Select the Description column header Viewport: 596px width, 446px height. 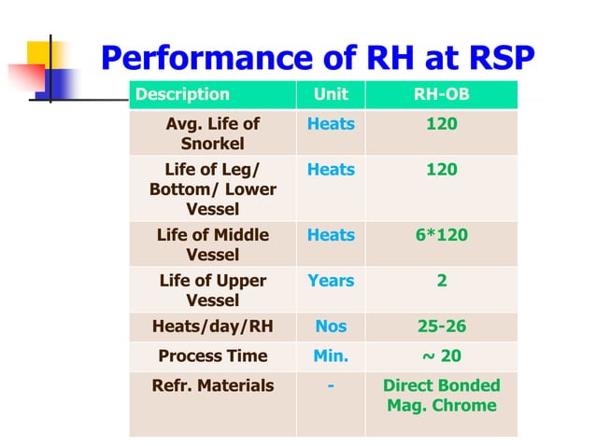click(182, 94)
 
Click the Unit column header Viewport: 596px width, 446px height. click(330, 94)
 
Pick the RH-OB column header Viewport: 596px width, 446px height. click(441, 94)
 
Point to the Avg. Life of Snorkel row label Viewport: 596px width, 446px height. click(212, 133)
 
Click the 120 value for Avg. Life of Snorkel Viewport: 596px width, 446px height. click(441, 124)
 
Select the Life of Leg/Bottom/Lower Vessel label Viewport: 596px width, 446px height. click(212, 189)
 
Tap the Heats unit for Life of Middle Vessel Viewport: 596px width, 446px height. click(331, 235)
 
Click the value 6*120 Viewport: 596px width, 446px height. click(441, 235)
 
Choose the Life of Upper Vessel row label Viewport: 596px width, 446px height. click(212, 290)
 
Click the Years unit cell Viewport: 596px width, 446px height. click(331, 281)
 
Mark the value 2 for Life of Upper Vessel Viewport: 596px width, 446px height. click(441, 281)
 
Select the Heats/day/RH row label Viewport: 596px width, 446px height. click(212, 327)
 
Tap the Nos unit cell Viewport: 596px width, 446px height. click(331, 327)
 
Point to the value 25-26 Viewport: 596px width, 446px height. click(441, 327)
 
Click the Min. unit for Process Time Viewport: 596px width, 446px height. click(331, 355)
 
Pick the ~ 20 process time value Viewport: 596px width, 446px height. click(441, 355)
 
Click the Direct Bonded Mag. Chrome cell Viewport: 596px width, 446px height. click(441, 396)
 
